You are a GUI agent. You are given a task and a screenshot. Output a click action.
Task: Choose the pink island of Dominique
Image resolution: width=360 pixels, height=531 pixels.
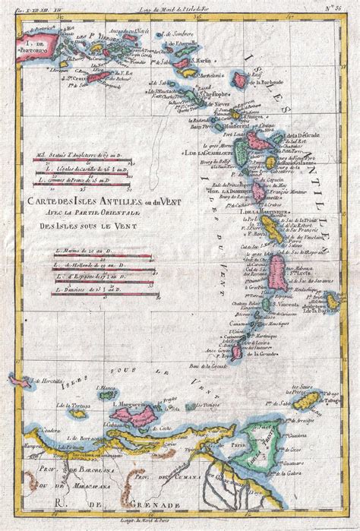(x=259, y=190)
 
